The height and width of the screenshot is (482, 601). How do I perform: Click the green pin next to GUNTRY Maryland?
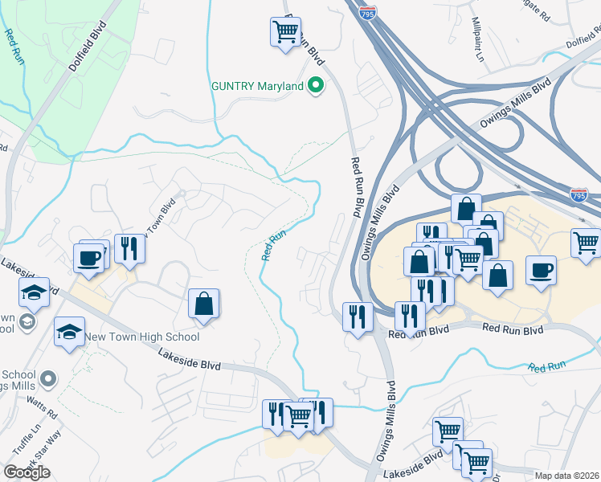coord(316,86)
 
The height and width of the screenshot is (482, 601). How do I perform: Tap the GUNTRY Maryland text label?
coord(257,86)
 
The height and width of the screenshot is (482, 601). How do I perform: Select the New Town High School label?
coord(142,337)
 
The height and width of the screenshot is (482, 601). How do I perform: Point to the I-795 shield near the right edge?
coord(579,194)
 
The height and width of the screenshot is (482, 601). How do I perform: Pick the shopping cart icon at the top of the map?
coord(285,32)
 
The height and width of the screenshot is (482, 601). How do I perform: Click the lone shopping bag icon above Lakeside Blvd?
coord(204,304)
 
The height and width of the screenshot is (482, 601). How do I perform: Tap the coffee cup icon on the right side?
coord(542,270)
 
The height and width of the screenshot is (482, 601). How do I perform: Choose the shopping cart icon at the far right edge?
coord(587,242)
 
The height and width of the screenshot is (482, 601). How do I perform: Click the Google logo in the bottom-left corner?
coord(27,472)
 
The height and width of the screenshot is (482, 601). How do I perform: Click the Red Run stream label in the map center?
coord(273,245)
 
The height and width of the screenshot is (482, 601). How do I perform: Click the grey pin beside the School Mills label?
coord(49,378)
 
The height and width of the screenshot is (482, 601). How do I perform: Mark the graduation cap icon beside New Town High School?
coord(70,332)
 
